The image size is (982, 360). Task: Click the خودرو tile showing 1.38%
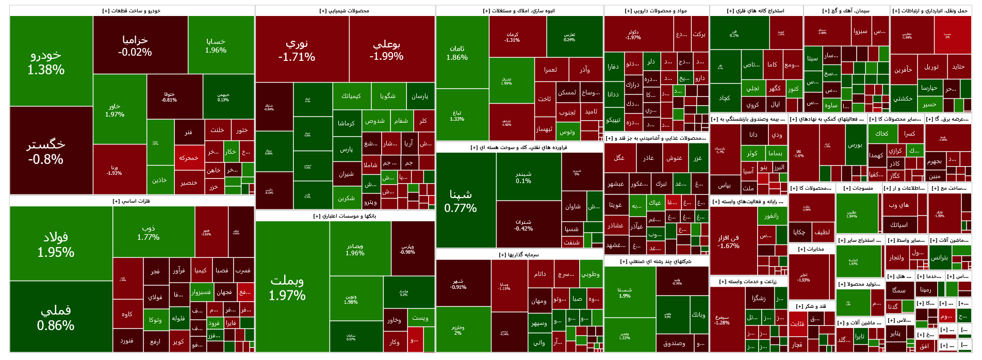(x=46, y=62)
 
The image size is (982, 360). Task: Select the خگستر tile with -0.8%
(x=46, y=151)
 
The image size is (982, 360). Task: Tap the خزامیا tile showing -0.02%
(x=135, y=45)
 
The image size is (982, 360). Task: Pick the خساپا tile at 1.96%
(x=216, y=45)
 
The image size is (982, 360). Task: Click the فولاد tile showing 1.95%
(x=56, y=244)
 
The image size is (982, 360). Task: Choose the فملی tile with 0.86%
(x=56, y=317)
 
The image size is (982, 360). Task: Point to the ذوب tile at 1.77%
(x=149, y=232)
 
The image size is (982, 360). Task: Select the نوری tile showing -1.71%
(x=297, y=50)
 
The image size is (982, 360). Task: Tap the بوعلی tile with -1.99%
(x=386, y=50)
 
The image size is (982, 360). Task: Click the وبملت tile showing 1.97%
(x=287, y=287)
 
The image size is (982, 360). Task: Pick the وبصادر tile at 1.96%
(x=355, y=249)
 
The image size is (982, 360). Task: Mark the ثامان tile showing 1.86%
(x=457, y=53)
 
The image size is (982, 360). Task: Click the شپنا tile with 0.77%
(x=461, y=201)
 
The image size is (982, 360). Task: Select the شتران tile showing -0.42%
(x=523, y=225)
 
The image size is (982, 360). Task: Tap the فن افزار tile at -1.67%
(x=728, y=241)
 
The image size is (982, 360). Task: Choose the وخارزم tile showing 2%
(x=458, y=330)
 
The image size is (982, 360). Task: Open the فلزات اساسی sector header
(x=132, y=201)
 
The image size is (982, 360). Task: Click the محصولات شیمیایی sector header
(x=345, y=11)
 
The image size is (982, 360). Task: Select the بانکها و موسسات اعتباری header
(x=345, y=216)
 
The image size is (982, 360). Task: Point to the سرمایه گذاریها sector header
(x=519, y=255)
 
